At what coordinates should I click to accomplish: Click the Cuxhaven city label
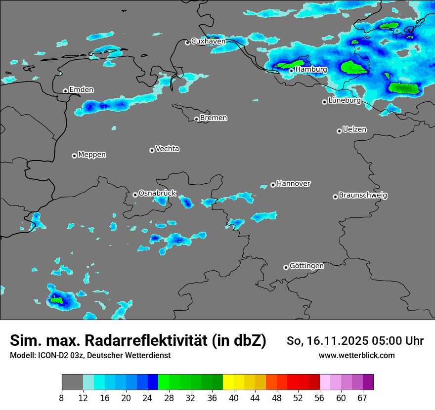(x=208, y=41)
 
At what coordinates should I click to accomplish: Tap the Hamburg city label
(x=311, y=70)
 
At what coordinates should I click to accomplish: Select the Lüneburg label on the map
(x=345, y=101)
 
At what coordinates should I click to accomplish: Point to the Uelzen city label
(x=354, y=129)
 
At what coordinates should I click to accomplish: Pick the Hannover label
(x=294, y=184)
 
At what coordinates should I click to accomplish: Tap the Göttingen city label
(x=306, y=266)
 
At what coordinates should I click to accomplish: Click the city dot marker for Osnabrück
(x=135, y=195)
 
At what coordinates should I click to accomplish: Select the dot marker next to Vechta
(x=152, y=150)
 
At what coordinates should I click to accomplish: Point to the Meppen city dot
(x=74, y=156)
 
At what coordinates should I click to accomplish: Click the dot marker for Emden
(x=65, y=91)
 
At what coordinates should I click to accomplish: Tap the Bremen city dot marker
(x=196, y=119)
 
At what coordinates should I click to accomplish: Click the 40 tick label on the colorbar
(x=234, y=398)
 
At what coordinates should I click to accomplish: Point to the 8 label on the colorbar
(x=62, y=398)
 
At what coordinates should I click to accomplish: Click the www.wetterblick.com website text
(x=357, y=356)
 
